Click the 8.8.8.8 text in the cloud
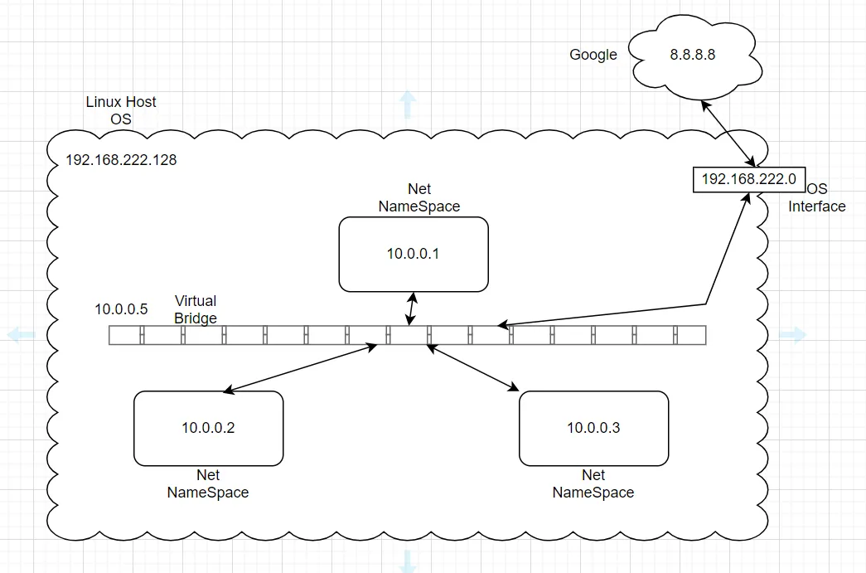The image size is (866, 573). click(x=692, y=55)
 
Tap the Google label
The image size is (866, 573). click(x=593, y=55)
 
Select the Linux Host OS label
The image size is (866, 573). click(x=121, y=110)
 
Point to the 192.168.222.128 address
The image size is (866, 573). click(x=121, y=160)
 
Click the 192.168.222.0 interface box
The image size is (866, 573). click(x=749, y=179)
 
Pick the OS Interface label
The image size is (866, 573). click(x=817, y=198)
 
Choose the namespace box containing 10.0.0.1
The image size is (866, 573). click(x=414, y=254)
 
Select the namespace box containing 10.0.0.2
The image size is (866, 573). click(x=208, y=428)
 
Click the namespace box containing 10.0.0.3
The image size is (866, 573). click(x=593, y=428)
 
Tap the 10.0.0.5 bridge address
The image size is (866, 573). click(x=121, y=309)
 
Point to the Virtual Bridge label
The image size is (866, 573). click(x=196, y=309)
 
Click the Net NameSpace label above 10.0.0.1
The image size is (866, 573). click(x=419, y=198)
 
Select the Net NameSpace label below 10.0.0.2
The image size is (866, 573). click(x=208, y=483)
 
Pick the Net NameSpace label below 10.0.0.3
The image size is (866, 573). click(x=593, y=483)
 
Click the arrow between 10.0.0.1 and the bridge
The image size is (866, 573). click(x=411, y=309)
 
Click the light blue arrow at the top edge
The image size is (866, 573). click(x=408, y=104)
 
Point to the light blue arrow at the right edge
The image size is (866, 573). click(x=793, y=335)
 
